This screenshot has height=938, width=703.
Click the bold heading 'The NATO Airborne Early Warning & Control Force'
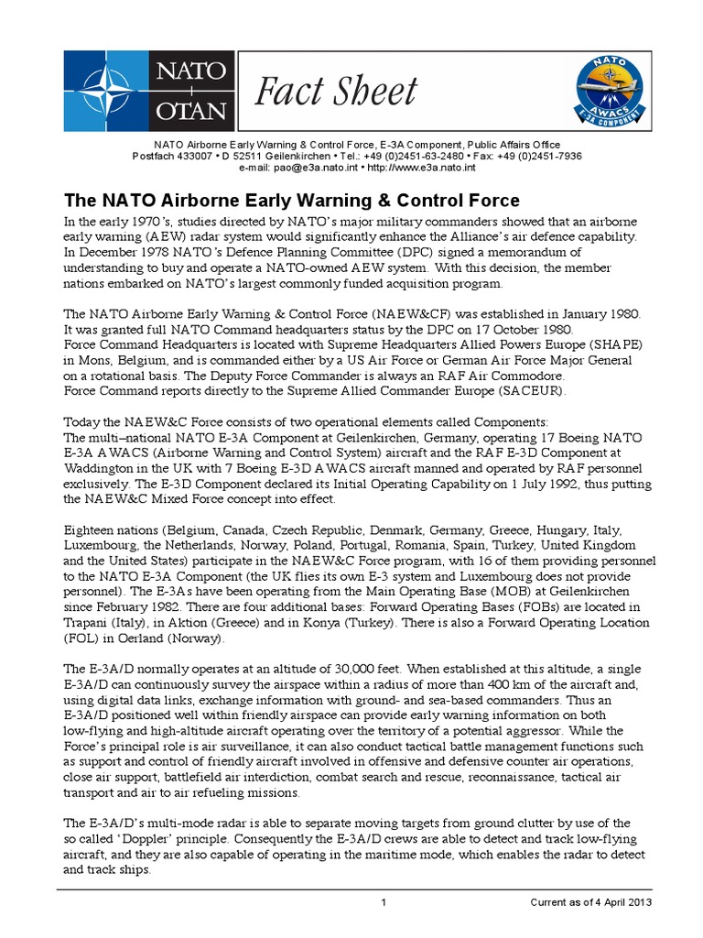290,200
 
